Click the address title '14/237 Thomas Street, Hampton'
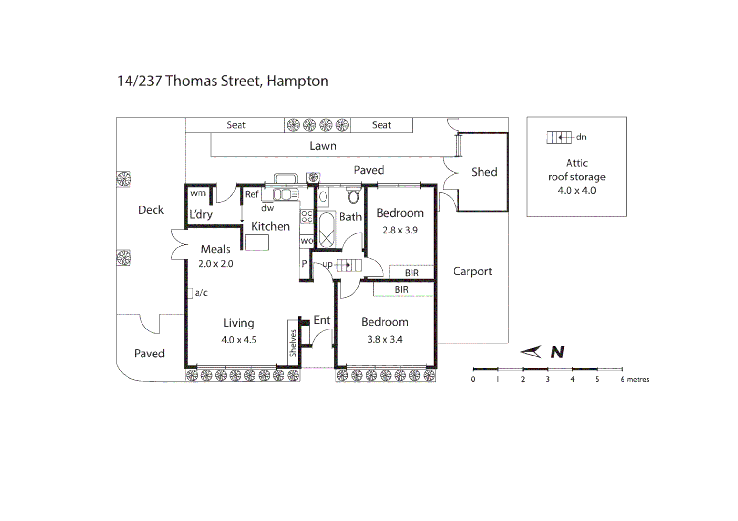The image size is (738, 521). pos(223,81)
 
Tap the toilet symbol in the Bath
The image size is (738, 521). pos(354,196)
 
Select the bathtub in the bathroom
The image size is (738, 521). pos(327,230)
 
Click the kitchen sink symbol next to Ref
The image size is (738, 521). pos(285,194)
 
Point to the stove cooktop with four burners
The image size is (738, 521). pos(307,217)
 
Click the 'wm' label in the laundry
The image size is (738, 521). pos(198,193)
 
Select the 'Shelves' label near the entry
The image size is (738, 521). pos(293,343)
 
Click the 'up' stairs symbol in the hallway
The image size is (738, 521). pos(349,265)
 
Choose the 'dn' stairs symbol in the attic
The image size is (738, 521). pos(559,137)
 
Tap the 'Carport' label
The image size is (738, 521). pos(472,272)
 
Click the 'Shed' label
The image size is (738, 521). pos(484,172)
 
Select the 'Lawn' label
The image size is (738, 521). pos(323,146)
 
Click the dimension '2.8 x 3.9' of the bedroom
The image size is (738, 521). pos(400,230)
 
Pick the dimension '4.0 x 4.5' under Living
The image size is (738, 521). pos(239,340)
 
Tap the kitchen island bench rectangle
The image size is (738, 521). pos(256,243)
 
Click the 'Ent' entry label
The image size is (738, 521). pos(322,320)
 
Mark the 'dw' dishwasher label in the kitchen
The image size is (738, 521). pos(268,208)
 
